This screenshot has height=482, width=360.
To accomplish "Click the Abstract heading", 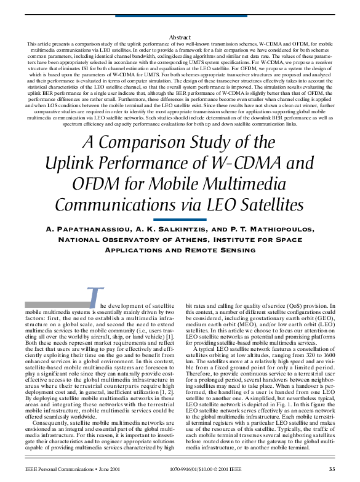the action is [180, 38].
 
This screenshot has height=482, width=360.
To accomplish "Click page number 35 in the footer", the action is [332, 469].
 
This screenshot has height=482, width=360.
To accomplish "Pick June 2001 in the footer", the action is [117, 469].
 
